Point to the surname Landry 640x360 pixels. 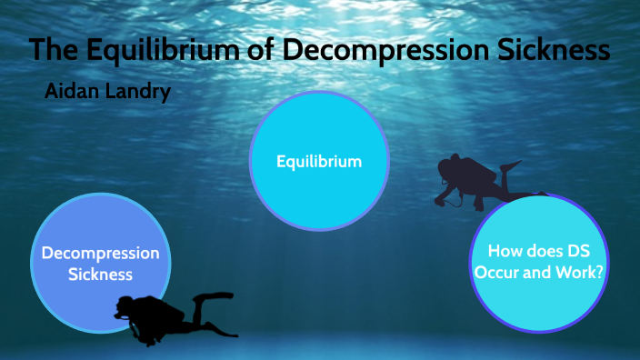[x=137, y=93]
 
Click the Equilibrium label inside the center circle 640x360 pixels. [x=319, y=162]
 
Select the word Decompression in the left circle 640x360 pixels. [x=101, y=253]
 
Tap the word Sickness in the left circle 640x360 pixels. [x=101, y=274]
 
